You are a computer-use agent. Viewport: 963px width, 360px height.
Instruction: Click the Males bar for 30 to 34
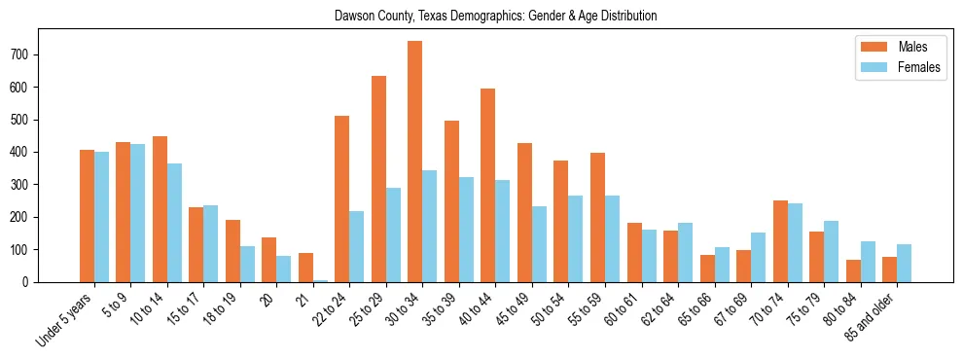(x=415, y=162)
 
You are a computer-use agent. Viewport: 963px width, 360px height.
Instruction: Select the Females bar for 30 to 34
(x=430, y=226)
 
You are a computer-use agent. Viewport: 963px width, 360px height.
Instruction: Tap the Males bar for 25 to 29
(x=378, y=179)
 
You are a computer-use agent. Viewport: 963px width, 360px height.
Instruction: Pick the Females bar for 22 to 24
(x=357, y=246)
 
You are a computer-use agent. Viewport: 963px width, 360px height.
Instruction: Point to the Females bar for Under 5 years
(x=102, y=217)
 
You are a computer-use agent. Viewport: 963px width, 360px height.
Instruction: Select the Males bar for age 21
(x=305, y=268)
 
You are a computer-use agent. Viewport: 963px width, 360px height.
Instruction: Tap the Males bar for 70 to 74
(x=780, y=241)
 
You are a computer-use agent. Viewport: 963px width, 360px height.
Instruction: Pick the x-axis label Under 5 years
(x=67, y=319)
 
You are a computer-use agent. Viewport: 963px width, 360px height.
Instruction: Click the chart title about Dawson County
(x=495, y=16)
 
